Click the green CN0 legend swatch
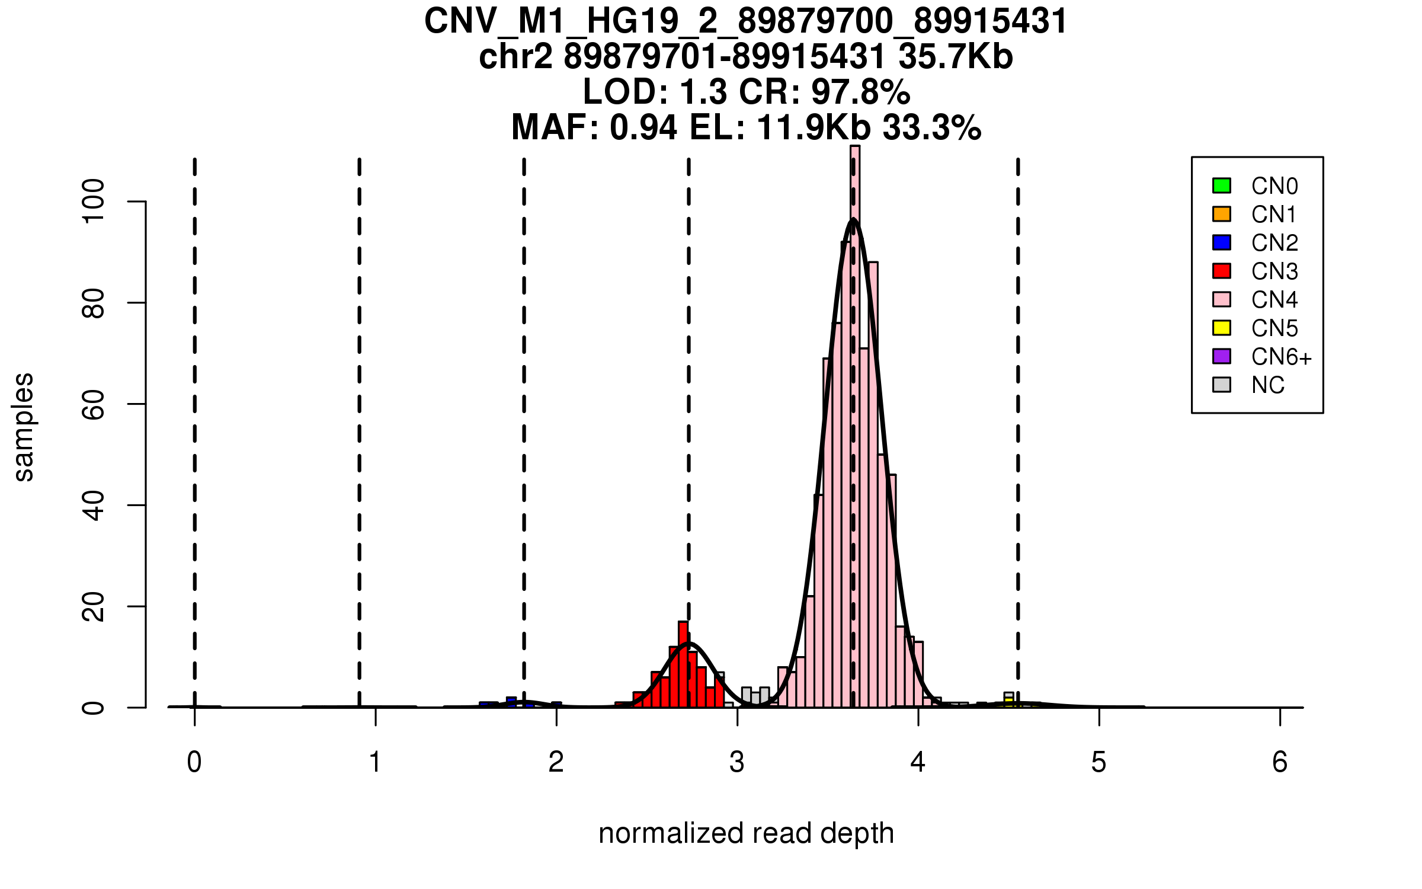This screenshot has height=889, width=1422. click(1222, 186)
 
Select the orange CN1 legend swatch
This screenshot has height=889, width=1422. click(1222, 214)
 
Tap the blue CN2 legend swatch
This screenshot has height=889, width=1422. click(1222, 242)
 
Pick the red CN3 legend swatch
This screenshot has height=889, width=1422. click(1222, 271)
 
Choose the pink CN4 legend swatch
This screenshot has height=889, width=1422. click(1222, 299)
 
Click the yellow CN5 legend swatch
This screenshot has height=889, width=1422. click(1222, 328)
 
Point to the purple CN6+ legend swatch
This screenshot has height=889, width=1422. click(1222, 356)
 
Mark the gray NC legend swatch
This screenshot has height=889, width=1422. click(1222, 385)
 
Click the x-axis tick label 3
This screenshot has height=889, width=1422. click(737, 762)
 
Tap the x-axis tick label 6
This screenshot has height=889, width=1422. click(1280, 762)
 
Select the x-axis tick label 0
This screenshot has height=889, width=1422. click(194, 762)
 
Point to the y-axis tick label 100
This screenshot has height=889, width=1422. click(94, 202)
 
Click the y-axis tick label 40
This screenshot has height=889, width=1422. click(94, 505)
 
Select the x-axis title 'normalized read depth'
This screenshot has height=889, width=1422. click(746, 834)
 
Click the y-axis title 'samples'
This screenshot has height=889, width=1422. click(24, 427)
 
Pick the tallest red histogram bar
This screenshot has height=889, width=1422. click(683, 664)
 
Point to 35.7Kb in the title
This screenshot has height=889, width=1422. click(955, 57)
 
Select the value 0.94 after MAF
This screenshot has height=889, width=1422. click(643, 127)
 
